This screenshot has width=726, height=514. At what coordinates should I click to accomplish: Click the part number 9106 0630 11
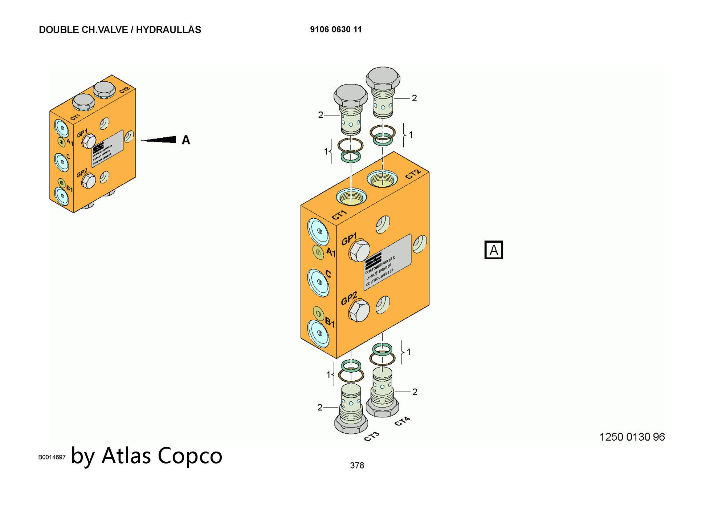tap(336, 30)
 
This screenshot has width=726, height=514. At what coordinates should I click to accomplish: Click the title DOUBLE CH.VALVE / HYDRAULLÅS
tap(120, 30)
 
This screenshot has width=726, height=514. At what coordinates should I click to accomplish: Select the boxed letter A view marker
tap(494, 250)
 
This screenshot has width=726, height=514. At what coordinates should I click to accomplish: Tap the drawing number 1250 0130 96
tap(632, 437)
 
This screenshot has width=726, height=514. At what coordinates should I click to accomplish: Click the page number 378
tap(357, 465)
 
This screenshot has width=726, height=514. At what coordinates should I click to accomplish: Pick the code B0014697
tap(52, 457)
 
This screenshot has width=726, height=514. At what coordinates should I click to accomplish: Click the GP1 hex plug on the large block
tap(359, 250)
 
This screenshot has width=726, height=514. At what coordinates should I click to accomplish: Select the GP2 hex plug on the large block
tap(359, 311)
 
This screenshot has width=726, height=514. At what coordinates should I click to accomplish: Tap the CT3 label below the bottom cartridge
tap(372, 437)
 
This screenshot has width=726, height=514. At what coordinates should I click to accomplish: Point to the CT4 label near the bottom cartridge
tap(402, 421)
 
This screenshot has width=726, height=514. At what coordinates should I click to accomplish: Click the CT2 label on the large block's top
tap(413, 174)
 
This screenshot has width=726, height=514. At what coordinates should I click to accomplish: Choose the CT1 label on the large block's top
tap(339, 215)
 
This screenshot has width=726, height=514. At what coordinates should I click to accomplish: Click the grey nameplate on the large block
tap(388, 262)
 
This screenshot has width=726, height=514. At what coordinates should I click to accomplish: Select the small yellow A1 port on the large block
tap(318, 252)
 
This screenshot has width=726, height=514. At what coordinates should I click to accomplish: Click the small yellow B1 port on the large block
tap(318, 313)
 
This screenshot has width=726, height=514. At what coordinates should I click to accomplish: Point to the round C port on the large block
tap(318, 282)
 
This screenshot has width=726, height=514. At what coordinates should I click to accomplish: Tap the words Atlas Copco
tap(162, 456)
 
